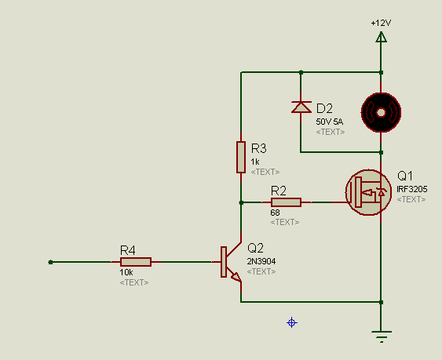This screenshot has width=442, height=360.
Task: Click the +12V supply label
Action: point(381,23)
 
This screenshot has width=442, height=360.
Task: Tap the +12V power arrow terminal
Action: point(381,37)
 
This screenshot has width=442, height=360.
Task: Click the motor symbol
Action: point(381,112)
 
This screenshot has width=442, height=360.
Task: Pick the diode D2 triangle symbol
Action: point(301,107)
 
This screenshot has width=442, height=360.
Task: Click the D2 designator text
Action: point(324,108)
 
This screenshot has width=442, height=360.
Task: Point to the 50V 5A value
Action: point(329,122)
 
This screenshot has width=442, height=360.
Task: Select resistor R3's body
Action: point(241,157)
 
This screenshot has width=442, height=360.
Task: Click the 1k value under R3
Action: point(255,162)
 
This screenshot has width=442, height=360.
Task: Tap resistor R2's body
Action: point(286,202)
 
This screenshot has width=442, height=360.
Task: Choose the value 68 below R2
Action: point(275,213)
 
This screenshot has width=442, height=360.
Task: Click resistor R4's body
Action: point(136,262)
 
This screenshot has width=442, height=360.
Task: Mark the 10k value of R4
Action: point(126,272)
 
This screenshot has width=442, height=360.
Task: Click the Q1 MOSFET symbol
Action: point(368,192)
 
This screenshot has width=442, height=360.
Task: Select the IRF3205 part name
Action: point(412,189)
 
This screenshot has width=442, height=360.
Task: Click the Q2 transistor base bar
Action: point(224,262)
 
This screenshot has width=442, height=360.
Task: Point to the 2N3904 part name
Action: point(261,261)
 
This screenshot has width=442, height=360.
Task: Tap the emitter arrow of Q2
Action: point(236,277)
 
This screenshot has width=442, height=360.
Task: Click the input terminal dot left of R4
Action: point(50,262)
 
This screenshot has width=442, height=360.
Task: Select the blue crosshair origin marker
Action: point(292,322)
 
